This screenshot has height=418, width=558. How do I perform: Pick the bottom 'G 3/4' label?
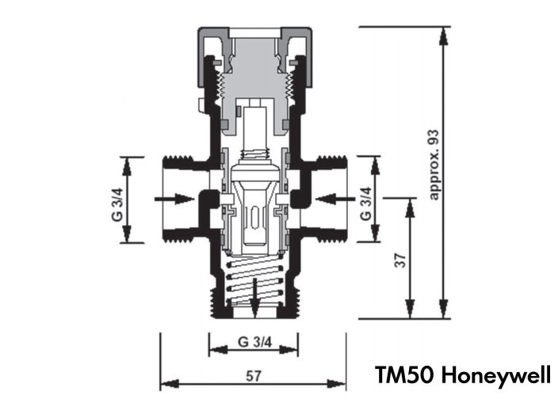(x=254, y=343)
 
